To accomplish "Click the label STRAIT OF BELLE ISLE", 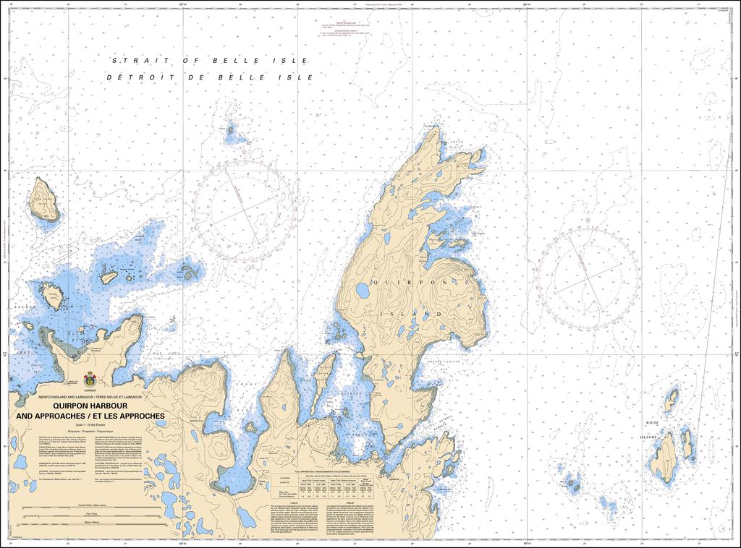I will click(209, 61).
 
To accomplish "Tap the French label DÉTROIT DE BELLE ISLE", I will click(209, 77).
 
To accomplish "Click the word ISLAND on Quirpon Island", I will click(420, 314).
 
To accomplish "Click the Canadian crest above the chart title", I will click(90, 378).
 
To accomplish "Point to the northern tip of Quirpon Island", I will click(432, 129).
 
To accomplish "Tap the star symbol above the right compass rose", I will click(588, 218).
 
